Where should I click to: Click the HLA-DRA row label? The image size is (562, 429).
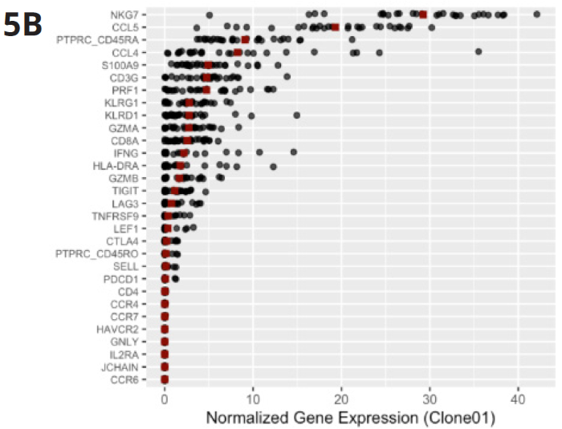[125, 165]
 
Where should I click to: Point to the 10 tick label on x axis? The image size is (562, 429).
[253, 399]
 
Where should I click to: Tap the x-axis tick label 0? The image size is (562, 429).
[165, 399]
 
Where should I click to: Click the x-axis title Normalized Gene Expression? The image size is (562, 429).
[351, 418]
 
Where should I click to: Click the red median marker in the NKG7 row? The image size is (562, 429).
[423, 14]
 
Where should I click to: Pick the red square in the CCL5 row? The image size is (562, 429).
[335, 27]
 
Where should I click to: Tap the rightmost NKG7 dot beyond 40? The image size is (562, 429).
[536, 14]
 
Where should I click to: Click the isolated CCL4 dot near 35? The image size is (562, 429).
[479, 52]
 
